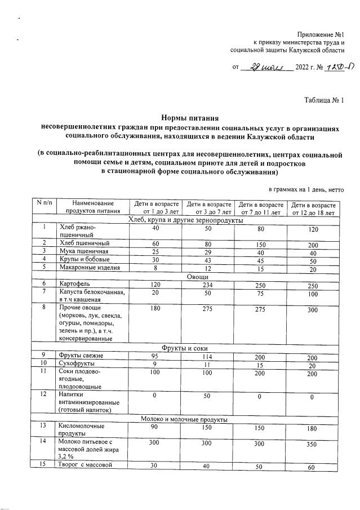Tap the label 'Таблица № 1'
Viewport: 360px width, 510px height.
(324, 100)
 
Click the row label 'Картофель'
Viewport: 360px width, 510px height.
(75, 285)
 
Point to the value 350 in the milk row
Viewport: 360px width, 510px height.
(313, 444)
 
